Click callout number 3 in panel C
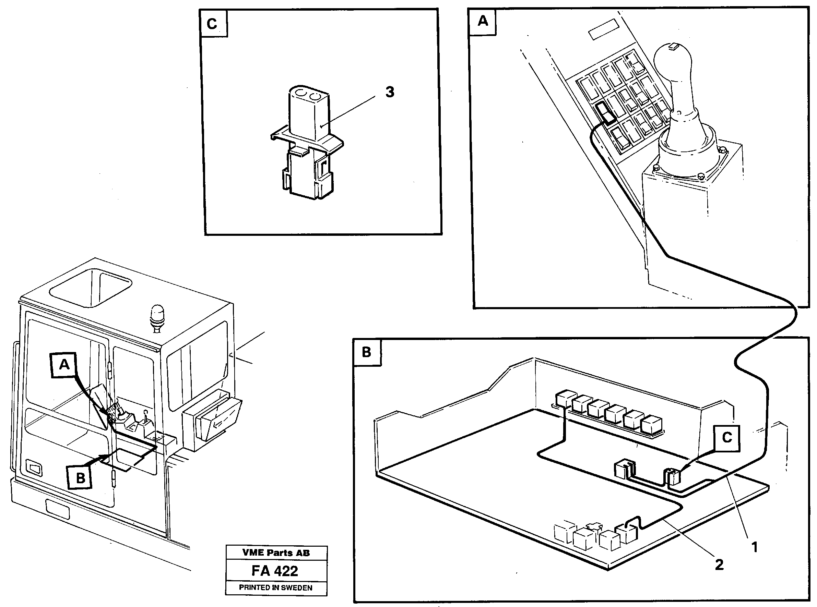pos(390,92)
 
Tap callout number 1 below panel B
pos(755,548)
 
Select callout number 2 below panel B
pos(719,565)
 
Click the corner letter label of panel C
pos(212,24)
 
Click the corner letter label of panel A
pos(482,21)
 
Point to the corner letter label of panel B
pos(367,352)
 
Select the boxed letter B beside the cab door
pos(80,478)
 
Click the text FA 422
pos(275,571)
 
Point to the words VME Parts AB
pos(276,553)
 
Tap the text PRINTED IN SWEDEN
pos(276,587)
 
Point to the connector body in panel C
pos(309,114)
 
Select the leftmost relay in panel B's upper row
pos(566,399)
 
